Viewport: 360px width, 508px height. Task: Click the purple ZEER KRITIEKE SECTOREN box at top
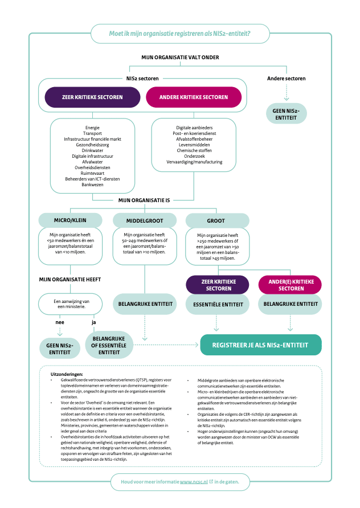92,97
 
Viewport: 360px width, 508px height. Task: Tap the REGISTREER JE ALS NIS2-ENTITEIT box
260,345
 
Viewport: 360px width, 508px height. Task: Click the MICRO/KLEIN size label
70,220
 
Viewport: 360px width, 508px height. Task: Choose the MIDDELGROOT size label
145,220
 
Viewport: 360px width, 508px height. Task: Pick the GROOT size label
217,220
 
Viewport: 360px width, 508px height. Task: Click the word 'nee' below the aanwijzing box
59,322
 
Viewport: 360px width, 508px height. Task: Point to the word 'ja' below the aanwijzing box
94,322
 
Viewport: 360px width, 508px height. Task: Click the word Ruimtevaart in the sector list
92,174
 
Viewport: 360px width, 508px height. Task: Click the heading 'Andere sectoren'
286,78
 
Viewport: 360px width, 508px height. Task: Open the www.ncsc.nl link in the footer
194,482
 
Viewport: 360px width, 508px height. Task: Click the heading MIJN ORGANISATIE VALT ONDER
180,58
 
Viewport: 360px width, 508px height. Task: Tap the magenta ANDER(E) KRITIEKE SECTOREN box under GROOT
291,285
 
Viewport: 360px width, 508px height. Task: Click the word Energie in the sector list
92,127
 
